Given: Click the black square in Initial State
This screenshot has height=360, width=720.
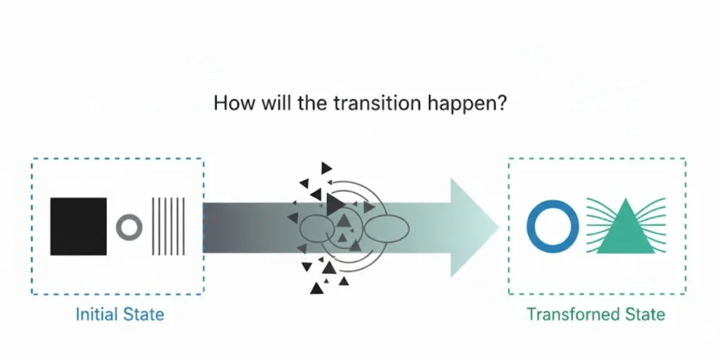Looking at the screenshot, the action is pos(79,226).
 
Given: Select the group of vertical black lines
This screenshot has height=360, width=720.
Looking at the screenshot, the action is pos(168,226).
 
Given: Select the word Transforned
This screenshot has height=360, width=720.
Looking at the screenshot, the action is pos(571,314).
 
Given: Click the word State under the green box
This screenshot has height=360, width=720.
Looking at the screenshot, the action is pos(643,314).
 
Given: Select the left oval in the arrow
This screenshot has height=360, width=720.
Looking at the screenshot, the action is pos(317,227).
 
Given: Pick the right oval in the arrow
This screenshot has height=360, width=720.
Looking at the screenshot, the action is pos(387,227).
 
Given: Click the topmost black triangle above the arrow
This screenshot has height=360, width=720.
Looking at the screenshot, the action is pos(326,168).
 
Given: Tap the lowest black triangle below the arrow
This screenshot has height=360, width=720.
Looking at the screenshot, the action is pos(316,288).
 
